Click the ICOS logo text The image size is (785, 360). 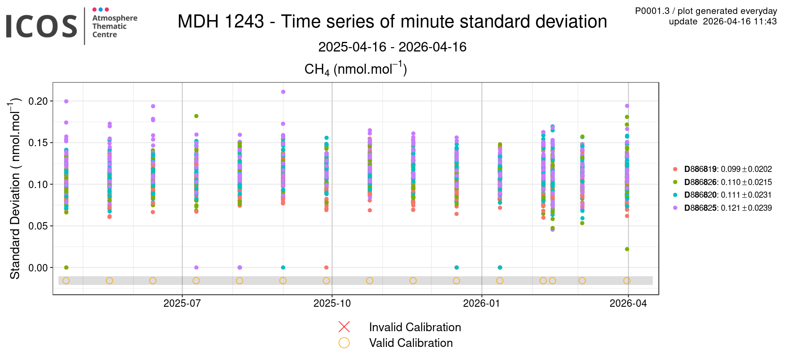click(41, 26)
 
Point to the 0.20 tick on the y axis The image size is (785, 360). click(38, 101)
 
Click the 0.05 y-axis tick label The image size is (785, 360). click(38, 226)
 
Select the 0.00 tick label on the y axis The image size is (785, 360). click(38, 268)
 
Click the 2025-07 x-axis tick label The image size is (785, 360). click(182, 304)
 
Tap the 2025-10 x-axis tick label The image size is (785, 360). click(332, 304)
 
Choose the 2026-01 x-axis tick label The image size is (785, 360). click(481, 304)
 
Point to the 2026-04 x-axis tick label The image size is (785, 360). click(628, 304)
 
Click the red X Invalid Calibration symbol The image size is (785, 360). click(344, 327)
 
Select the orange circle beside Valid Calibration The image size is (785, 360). click(344, 343)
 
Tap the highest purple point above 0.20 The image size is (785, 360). click(283, 92)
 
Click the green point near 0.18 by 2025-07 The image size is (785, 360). click(196, 116)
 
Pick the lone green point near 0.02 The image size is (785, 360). click(627, 249)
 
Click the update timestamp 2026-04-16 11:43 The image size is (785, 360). click(740, 21)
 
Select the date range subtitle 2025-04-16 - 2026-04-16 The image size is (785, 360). click(392, 47)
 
